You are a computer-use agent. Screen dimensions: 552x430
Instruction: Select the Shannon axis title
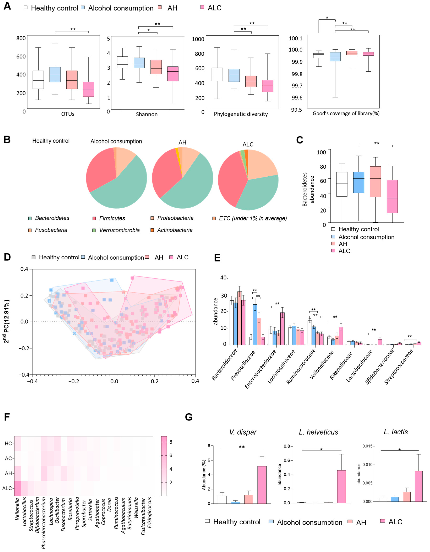pos(147,114)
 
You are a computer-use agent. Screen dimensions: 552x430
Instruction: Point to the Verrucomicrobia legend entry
pos(119,230)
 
